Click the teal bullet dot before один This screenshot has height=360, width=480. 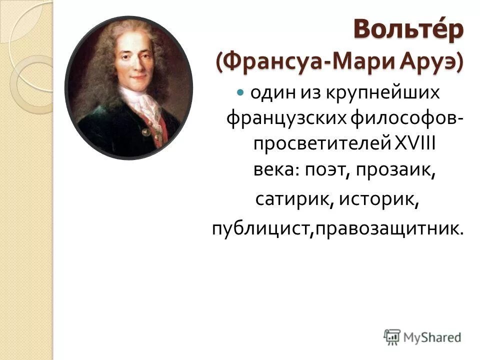pyautogui.click(x=240, y=92)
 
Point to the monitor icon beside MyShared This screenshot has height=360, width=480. pyautogui.click(x=392, y=336)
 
